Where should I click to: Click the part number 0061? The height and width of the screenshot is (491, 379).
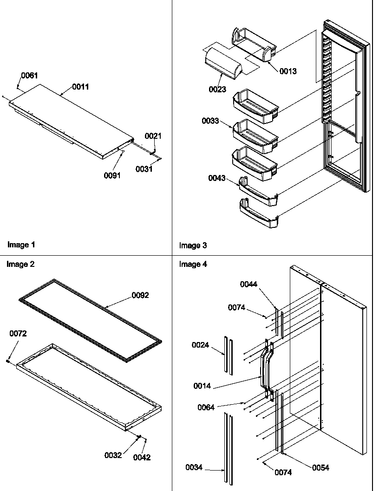click(29, 76)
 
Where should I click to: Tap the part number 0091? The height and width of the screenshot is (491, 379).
click(112, 175)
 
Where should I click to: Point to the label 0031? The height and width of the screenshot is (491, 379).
click(144, 169)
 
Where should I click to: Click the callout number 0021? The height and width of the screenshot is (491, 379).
click(153, 136)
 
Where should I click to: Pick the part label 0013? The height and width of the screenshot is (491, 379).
click(288, 71)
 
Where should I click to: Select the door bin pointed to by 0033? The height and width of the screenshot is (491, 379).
click(255, 136)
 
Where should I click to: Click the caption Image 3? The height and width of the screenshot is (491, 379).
click(193, 245)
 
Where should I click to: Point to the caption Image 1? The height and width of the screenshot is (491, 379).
click(21, 244)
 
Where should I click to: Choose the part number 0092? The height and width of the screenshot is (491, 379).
click(140, 295)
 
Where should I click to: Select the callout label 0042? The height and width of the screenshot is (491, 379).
click(142, 457)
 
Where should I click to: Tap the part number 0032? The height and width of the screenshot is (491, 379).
click(113, 455)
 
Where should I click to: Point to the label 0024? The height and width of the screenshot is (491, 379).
click(201, 345)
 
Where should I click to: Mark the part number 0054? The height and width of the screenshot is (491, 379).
click(320, 467)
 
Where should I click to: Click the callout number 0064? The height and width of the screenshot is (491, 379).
click(206, 407)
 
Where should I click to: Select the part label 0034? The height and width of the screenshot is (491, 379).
click(194, 468)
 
